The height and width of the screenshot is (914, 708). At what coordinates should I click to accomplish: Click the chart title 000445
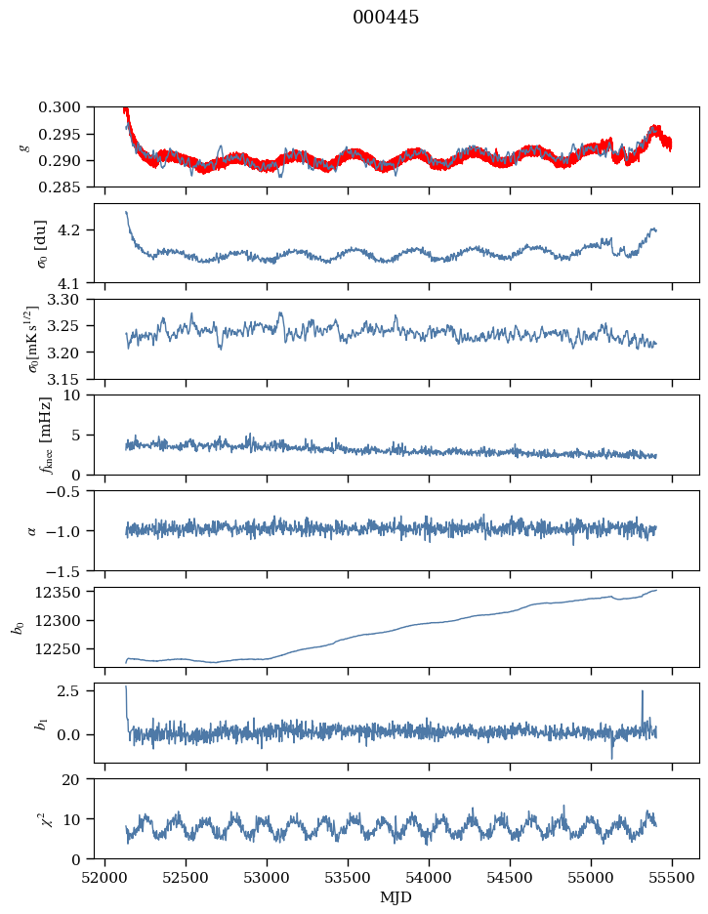[x=386, y=18]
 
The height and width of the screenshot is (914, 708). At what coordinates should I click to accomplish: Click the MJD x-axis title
[x=396, y=896]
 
